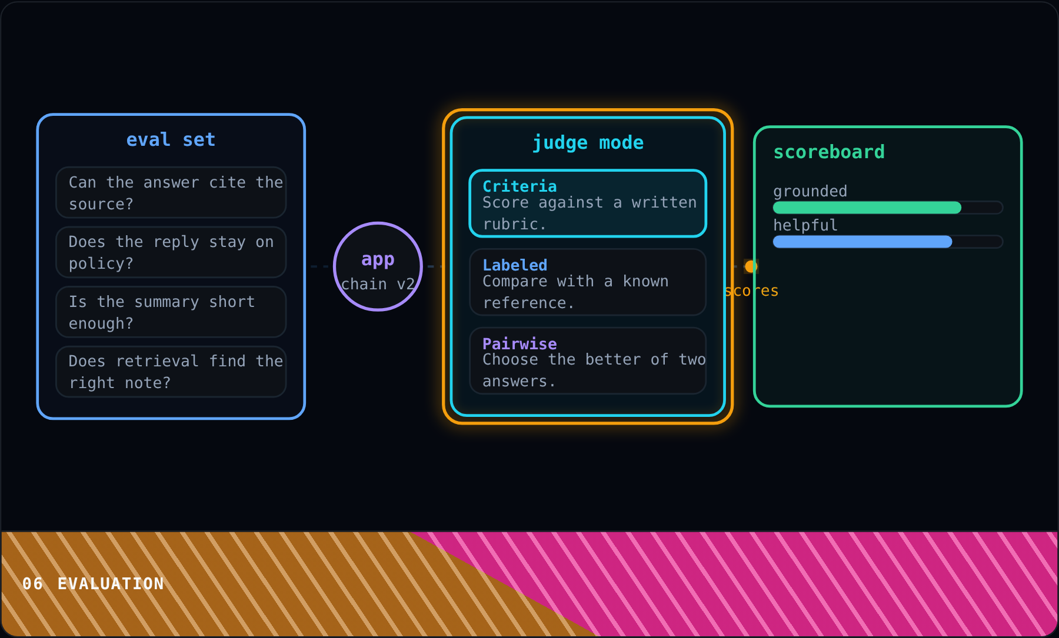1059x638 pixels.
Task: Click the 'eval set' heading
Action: [x=171, y=140]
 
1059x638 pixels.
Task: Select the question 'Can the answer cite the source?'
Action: [x=171, y=192]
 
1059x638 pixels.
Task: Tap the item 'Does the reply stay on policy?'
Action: [x=171, y=252]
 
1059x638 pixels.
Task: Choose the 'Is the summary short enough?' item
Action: [x=171, y=312]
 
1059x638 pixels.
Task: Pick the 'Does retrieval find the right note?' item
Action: [x=171, y=372]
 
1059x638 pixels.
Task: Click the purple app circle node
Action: [x=378, y=223]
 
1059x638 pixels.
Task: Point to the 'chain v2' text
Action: [x=378, y=284]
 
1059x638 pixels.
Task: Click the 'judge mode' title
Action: [x=588, y=143]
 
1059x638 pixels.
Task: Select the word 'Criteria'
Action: [x=519, y=186]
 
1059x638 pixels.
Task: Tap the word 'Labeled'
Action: [x=515, y=265]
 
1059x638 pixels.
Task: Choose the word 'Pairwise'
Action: [x=519, y=344]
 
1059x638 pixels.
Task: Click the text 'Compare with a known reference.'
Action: [x=575, y=292]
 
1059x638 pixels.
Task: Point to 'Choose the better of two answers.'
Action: [x=594, y=370]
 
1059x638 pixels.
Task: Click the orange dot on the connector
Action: [x=751, y=266]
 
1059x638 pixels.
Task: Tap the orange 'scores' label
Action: [x=751, y=290]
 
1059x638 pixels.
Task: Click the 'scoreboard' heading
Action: [x=829, y=152]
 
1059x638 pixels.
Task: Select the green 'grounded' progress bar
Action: [x=867, y=208]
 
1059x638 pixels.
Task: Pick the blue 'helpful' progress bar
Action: [x=862, y=242]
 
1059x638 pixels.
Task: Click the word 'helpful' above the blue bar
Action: [x=805, y=225]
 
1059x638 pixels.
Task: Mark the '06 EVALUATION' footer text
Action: [x=93, y=584]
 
